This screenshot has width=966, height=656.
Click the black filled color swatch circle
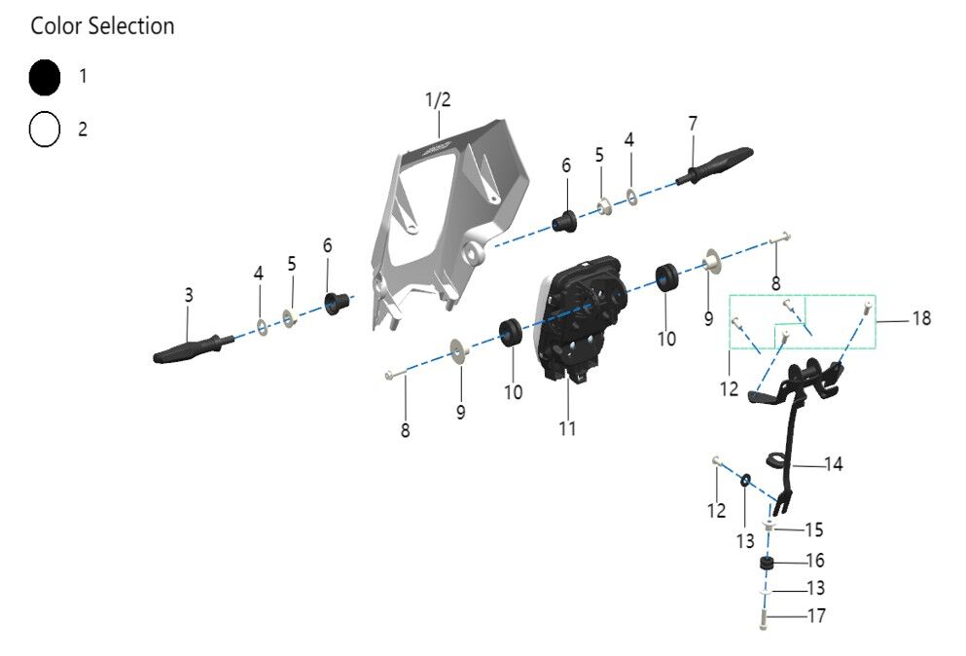(45, 78)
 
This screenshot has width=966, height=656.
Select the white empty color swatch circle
(45, 128)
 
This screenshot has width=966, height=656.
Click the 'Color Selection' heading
(102, 26)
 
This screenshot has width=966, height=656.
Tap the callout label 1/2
(438, 100)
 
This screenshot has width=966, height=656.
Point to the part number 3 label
(189, 293)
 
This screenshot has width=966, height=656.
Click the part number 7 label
(693, 125)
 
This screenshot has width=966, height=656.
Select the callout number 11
(567, 427)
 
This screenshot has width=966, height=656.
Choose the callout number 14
(833, 464)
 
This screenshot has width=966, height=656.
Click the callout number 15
(813, 529)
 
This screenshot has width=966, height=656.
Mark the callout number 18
(920, 318)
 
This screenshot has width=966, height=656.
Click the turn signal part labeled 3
(190, 346)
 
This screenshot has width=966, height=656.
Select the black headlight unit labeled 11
(584, 316)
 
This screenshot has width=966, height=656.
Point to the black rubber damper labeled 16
(767, 564)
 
